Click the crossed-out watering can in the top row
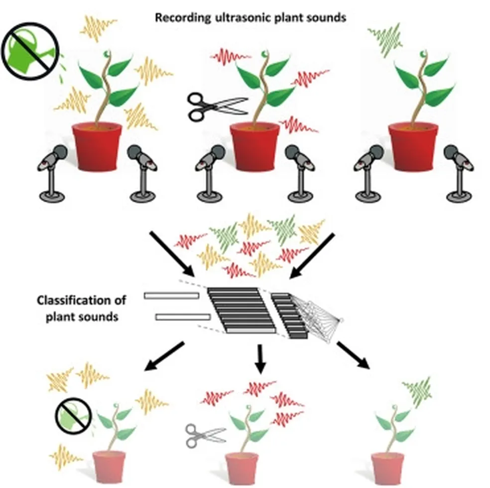[x=30, y=51]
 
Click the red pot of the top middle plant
[x=254, y=146]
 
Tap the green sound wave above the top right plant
[x=385, y=39]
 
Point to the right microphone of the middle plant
[x=300, y=174]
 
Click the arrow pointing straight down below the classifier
[x=260, y=359]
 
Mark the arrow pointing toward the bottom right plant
[x=354, y=355]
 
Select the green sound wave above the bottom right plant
[x=418, y=392]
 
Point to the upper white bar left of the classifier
[x=172, y=295]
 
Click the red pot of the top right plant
[x=413, y=146]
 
